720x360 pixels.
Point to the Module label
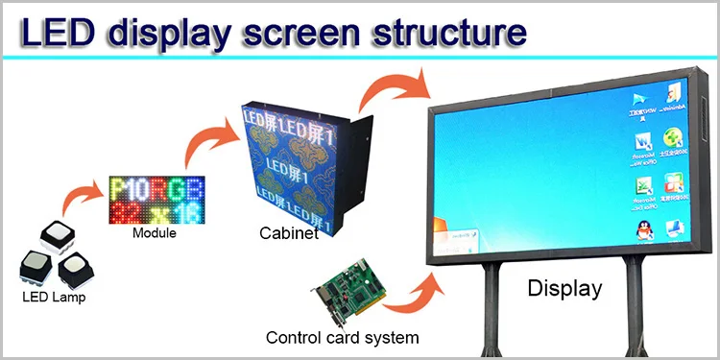click(x=154, y=233)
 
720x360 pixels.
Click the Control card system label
click(x=342, y=338)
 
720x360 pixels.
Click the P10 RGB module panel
click(x=156, y=200)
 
